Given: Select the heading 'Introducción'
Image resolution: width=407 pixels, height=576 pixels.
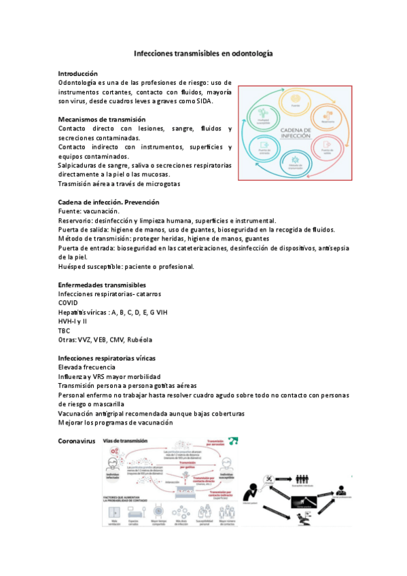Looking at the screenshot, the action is tap(78, 73).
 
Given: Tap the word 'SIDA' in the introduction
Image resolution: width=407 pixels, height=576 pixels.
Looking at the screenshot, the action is tap(202, 101).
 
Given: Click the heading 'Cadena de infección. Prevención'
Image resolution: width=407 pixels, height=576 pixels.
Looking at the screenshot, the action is tap(109, 202).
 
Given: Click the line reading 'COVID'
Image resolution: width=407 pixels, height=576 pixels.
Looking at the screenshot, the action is tap(69, 303).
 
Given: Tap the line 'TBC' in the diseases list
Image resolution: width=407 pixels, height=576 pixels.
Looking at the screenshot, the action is tap(65, 330).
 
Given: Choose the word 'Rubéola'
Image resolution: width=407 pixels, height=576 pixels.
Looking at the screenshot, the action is tap(139, 340).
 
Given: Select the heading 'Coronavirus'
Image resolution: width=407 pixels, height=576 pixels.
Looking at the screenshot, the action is tap(77, 441).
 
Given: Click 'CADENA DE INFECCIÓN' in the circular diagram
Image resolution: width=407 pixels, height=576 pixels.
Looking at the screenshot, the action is tap(295, 133).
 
